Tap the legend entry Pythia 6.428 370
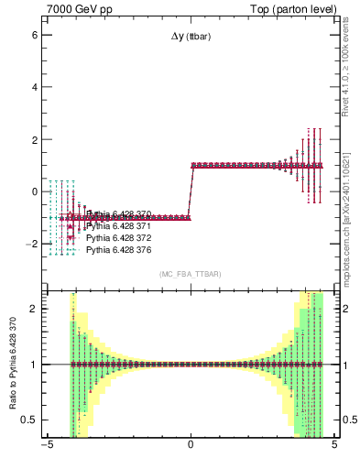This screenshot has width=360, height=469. tap(118, 213)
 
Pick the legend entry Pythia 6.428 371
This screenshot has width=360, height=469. tap(118, 225)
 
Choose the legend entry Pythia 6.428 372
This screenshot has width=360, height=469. tap(118, 237)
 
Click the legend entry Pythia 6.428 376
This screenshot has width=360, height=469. tap(118, 249)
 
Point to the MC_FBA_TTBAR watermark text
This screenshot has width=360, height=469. tap(191, 275)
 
